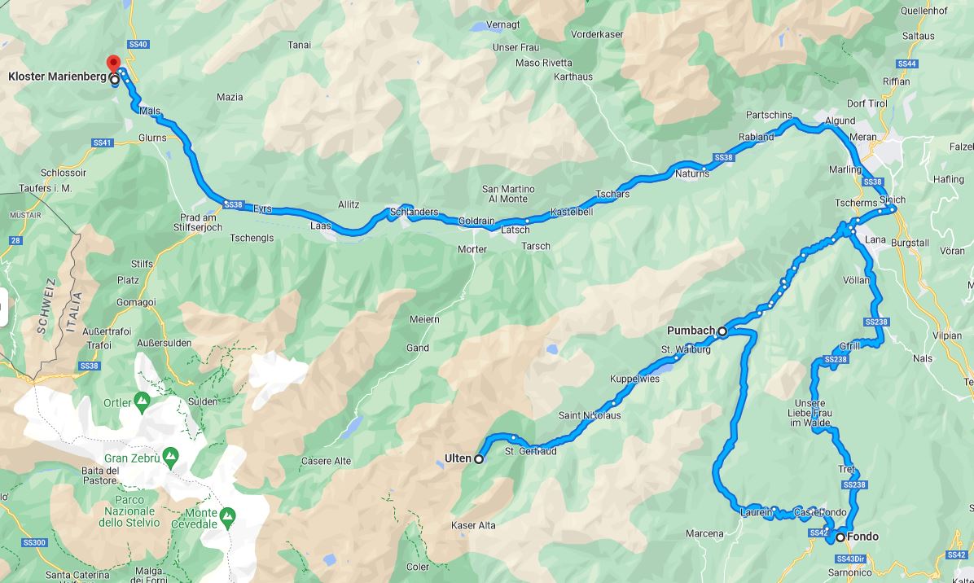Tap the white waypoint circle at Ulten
coord(479,459)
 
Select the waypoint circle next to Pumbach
coord(722,331)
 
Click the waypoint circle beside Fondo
coord(840,537)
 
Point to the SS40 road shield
coord(138,44)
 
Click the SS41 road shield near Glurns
coord(101,142)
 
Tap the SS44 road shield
coord(906,64)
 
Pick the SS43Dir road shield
coord(851,559)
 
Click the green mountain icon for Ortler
coord(142,401)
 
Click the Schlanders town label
coord(414,213)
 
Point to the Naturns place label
coord(692,173)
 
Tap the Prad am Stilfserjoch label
coord(200,222)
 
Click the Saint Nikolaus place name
coord(590,415)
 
